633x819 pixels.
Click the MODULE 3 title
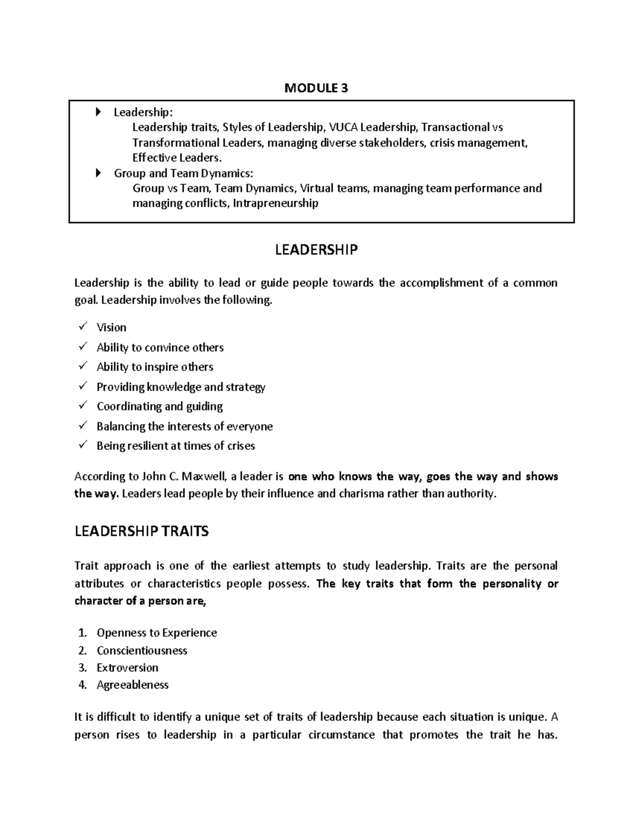(316, 88)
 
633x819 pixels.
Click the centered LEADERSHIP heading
(316, 249)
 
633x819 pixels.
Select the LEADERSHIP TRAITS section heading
(141, 531)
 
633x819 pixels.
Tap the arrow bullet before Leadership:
(98, 112)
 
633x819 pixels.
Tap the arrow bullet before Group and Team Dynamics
(98, 173)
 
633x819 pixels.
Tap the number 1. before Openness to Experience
(82, 633)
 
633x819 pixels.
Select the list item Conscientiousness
(142, 650)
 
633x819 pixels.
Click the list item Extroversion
(127, 668)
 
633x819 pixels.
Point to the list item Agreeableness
(132, 685)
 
